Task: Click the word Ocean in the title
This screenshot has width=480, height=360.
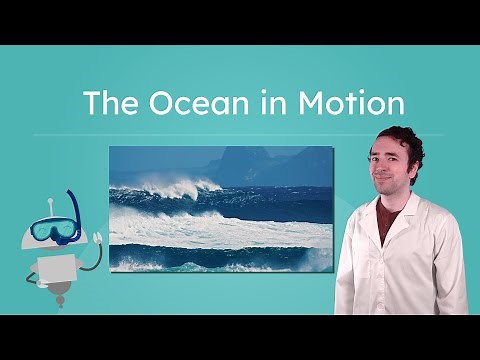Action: pos(172,104)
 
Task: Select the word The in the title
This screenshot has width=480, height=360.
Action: pos(103,104)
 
